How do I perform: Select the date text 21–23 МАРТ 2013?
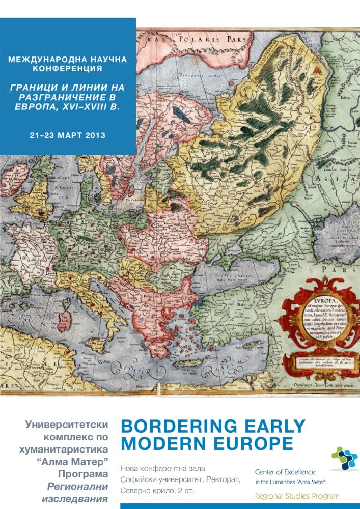(x=68, y=135)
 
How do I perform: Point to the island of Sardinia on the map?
(x=65, y=322)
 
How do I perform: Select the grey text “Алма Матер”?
(x=78, y=462)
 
